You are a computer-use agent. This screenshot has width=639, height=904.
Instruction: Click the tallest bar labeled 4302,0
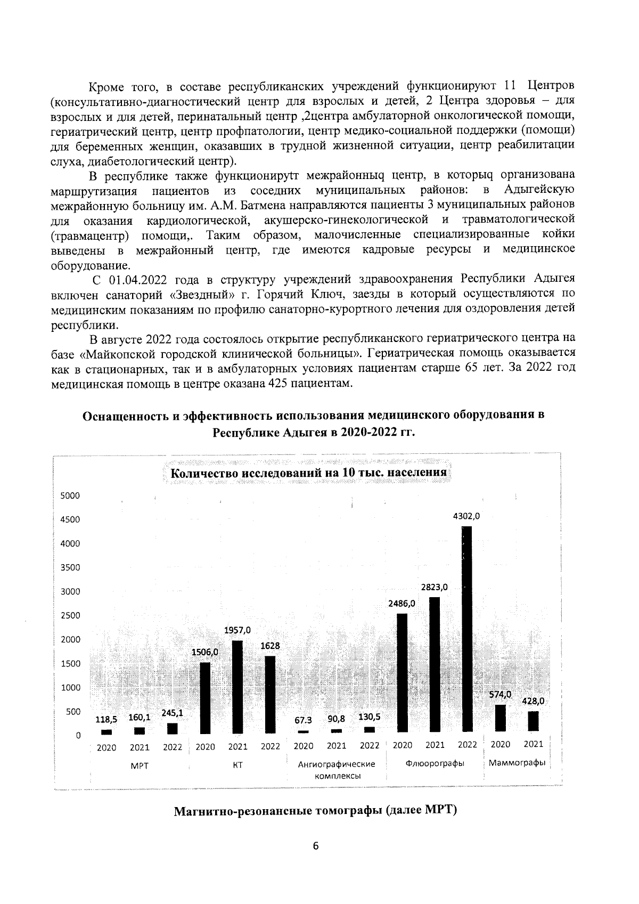point(466,629)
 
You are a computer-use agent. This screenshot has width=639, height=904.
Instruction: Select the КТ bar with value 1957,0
point(237,687)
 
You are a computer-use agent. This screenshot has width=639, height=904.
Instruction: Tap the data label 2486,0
point(402,604)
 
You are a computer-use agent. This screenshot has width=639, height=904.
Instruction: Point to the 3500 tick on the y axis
point(70,567)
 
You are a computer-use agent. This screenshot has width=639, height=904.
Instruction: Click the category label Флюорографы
point(435,763)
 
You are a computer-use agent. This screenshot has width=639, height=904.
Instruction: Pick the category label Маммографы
point(517,763)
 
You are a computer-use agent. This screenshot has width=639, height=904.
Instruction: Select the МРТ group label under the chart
point(140,765)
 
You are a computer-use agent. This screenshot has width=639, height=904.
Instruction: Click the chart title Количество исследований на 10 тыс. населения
point(308,473)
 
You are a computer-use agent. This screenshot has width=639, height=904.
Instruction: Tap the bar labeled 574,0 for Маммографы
point(500,718)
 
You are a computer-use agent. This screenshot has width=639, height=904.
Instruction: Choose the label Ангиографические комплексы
point(336,769)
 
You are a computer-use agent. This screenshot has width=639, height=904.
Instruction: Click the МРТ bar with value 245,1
point(172,728)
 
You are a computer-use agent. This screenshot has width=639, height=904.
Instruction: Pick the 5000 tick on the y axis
point(70,495)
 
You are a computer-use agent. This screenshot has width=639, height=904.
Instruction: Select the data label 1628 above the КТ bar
point(270,645)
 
